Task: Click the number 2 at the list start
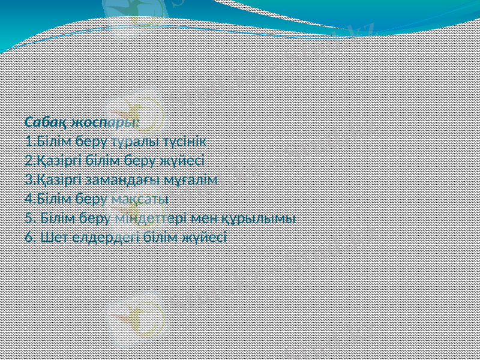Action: tap(29, 160)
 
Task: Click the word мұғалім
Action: tap(191, 179)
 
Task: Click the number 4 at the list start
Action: tap(29, 198)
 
